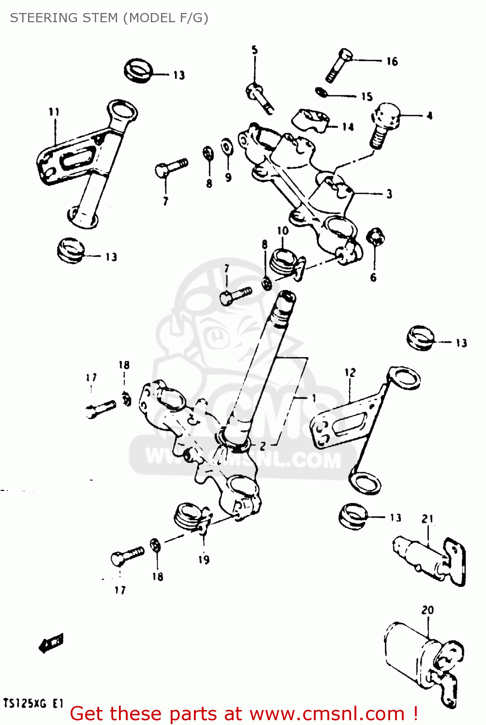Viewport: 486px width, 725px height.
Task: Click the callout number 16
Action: pyautogui.click(x=392, y=61)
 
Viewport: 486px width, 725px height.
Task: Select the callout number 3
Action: pyautogui.click(x=389, y=194)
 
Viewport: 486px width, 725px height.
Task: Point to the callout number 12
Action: pyautogui.click(x=350, y=373)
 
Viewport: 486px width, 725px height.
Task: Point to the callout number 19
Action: pyautogui.click(x=204, y=560)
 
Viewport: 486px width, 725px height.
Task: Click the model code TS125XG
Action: pyautogui.click(x=25, y=703)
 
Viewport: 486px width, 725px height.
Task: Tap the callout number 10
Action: pyautogui.click(x=282, y=231)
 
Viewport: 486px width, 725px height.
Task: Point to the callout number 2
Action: pyautogui.click(x=263, y=446)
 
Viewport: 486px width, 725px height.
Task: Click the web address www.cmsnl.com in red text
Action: pyautogui.click(x=327, y=713)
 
